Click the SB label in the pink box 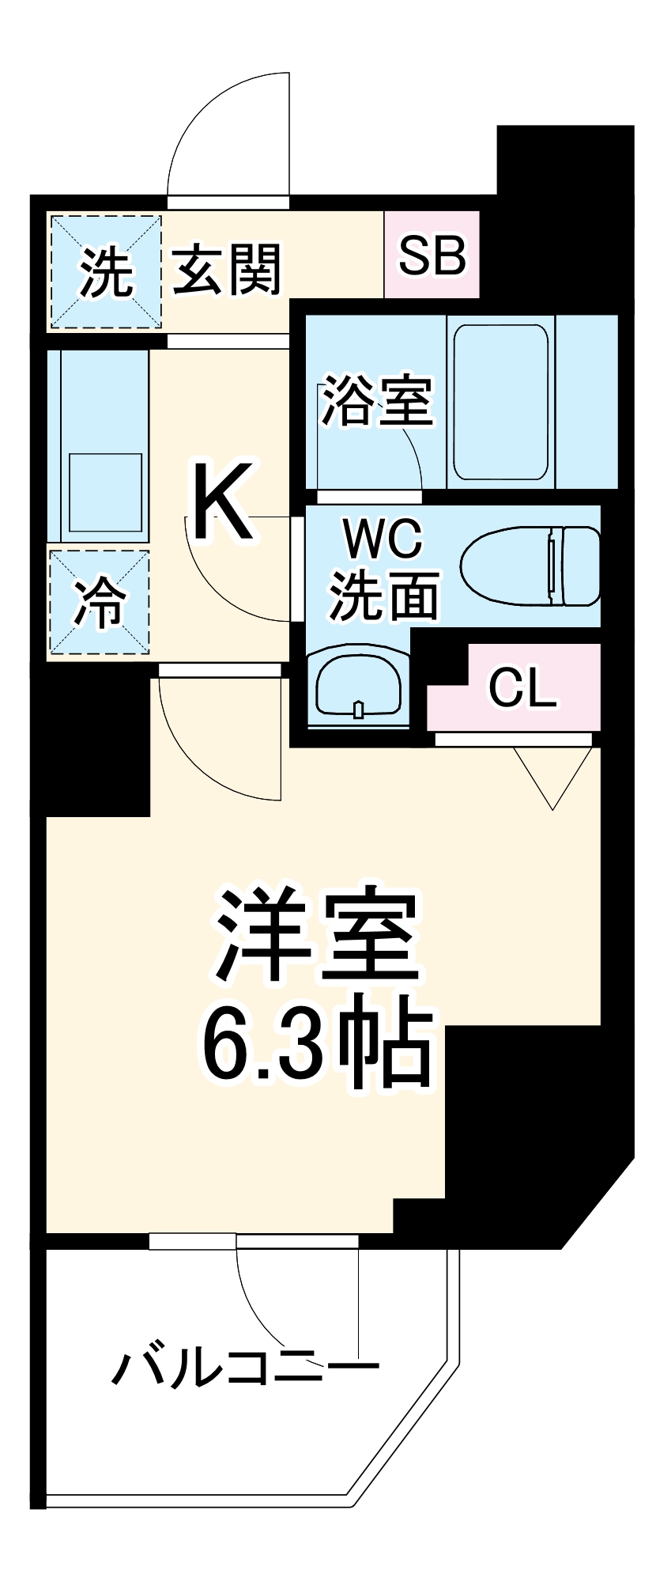pos(432,255)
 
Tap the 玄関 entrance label pos(228,270)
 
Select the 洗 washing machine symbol pos(106,272)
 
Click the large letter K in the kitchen pos(223,502)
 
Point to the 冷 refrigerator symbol pos(99,603)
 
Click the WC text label pos(383,542)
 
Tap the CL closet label pos(522,688)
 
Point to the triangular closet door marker pos(552,775)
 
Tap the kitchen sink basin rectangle pos(104,492)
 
